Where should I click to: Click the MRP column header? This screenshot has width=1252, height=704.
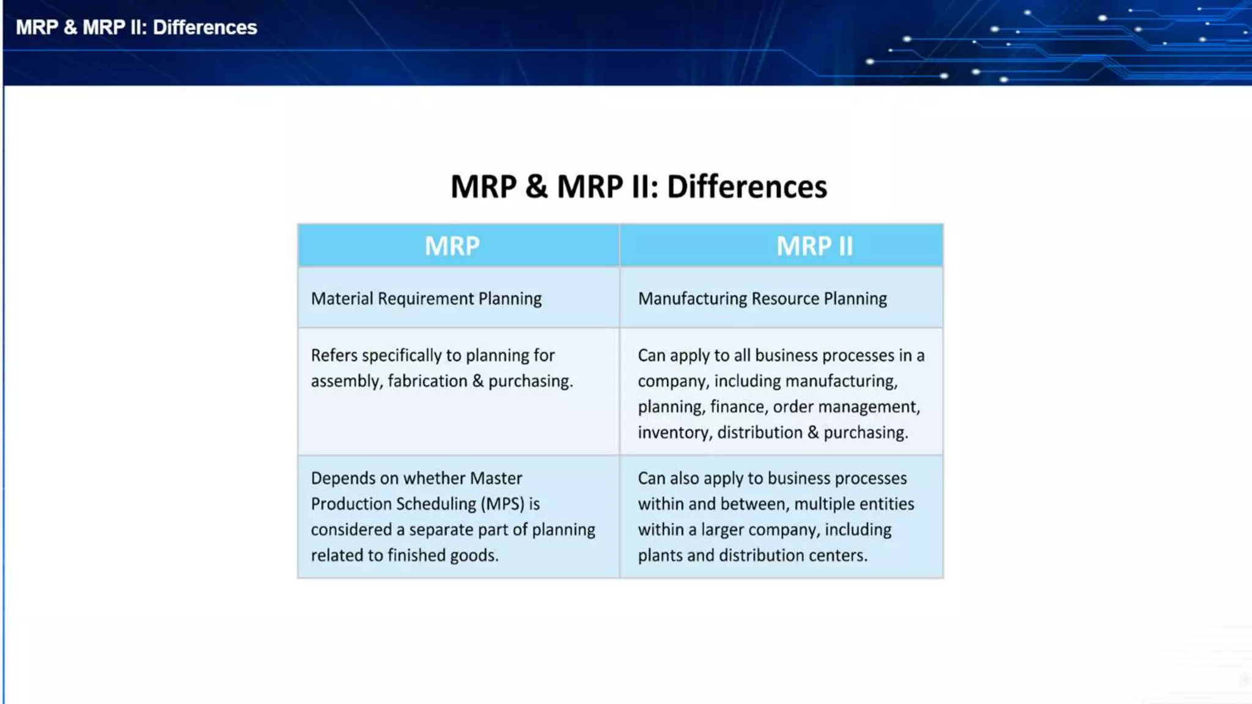click(x=452, y=246)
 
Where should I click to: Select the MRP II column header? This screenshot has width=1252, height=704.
click(x=814, y=246)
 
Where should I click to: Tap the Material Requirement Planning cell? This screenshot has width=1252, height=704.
click(x=426, y=298)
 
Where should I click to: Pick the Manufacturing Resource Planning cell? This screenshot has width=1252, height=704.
click(x=762, y=298)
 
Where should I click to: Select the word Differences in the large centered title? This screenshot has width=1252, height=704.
click(x=746, y=186)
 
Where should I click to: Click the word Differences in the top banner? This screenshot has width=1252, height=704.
click(x=205, y=28)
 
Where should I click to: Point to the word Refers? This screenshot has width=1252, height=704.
click(x=333, y=355)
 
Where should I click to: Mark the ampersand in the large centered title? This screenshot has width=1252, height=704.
click(x=536, y=186)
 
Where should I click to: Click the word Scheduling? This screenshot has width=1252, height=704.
click(x=435, y=504)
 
